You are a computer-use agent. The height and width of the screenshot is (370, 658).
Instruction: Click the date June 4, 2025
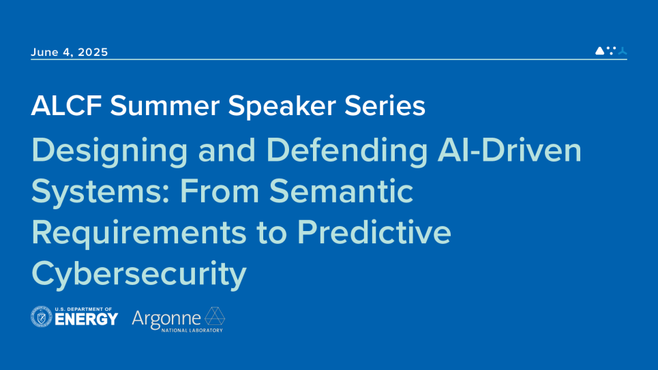pyautogui.click(x=70, y=52)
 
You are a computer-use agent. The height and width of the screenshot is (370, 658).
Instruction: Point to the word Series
pyautogui.click(x=394, y=106)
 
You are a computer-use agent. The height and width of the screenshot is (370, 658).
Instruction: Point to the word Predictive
pyautogui.click(x=374, y=232)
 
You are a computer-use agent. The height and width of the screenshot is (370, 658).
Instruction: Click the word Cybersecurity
pyautogui.click(x=138, y=274)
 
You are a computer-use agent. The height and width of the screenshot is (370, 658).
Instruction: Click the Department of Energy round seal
pyautogui.click(x=42, y=317)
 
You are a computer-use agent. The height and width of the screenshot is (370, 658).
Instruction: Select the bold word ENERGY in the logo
pyautogui.click(x=87, y=320)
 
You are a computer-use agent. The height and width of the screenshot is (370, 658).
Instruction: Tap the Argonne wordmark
pyautogui.click(x=166, y=318)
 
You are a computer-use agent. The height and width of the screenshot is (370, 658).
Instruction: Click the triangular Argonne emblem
pyautogui.click(x=215, y=316)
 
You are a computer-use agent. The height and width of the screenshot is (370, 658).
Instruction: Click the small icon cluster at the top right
pyautogui.click(x=611, y=50)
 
